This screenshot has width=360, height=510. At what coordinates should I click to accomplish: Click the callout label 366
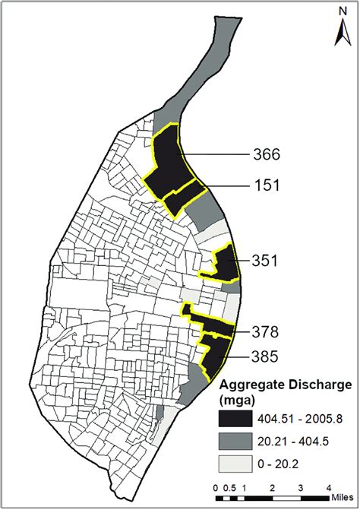(x=267, y=155)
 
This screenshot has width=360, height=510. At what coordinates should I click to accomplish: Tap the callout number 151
(x=267, y=185)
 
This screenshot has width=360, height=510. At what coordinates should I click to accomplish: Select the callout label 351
(x=267, y=261)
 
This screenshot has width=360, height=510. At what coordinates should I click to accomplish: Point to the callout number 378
(x=267, y=331)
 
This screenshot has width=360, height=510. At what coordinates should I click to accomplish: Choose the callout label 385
(x=267, y=355)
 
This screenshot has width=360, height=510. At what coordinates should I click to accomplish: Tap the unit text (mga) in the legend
(x=238, y=399)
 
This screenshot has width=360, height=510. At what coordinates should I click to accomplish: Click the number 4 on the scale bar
(x=329, y=487)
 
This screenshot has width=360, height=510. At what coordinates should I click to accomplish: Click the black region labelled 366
(x=166, y=163)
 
